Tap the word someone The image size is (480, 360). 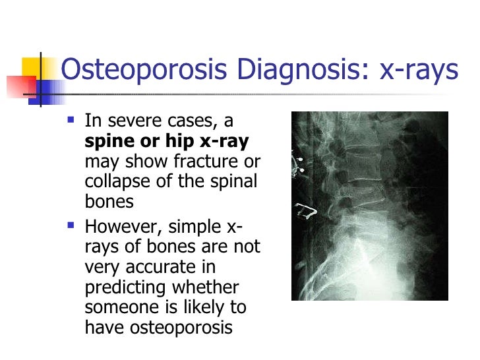coord(125,307)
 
